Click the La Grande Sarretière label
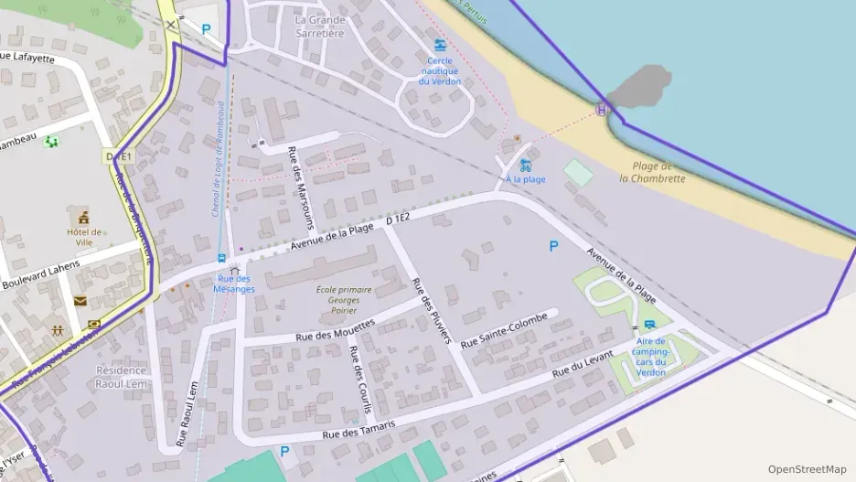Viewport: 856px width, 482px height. click(319, 27)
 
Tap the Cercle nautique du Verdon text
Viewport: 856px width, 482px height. click(440, 71)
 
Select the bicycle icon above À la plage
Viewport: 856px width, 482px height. click(525, 166)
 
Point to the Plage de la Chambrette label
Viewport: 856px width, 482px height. click(652, 172)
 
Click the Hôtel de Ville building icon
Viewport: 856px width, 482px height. click(84, 218)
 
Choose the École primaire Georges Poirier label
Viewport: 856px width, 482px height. click(344, 305)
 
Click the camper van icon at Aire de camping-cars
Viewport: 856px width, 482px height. click(649, 325)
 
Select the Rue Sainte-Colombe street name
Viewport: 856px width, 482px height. click(504, 329)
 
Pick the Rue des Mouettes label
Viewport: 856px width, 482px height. click(335, 330)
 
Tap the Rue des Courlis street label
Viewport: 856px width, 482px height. click(358, 379)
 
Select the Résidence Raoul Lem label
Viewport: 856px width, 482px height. click(121, 377)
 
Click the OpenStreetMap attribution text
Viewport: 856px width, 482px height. click(807, 469)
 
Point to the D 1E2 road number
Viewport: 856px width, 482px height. click(398, 219)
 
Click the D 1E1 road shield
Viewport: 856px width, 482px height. click(119, 157)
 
